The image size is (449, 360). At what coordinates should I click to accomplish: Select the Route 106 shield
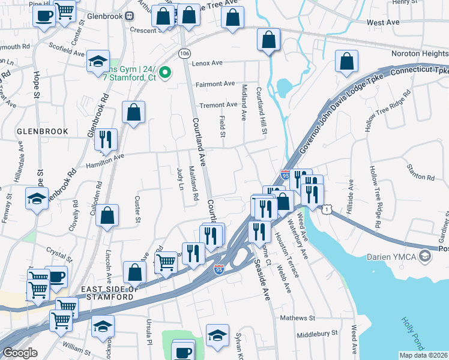[184, 53]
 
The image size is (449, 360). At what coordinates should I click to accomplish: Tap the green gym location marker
[167, 73]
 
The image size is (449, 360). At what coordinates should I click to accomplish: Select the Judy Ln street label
[179, 178]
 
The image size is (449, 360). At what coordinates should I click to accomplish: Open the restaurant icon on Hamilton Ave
[106, 139]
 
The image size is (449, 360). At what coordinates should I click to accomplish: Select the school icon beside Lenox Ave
[98, 61]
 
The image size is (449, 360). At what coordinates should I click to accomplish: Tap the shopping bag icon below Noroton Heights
[346, 61]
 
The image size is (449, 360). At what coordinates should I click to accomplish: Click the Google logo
[20, 353]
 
